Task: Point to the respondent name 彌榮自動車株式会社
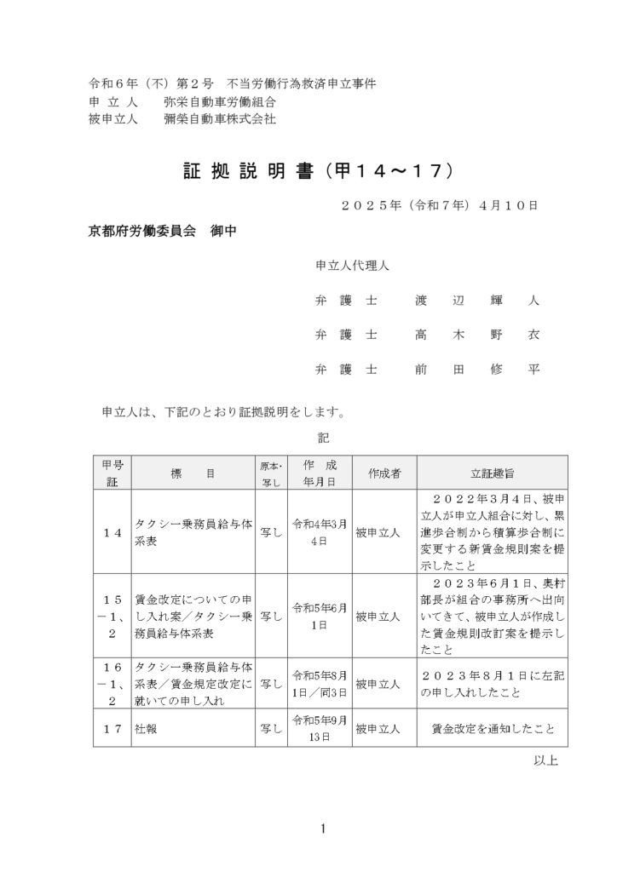219,120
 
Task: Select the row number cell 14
112,531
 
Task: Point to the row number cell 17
112,729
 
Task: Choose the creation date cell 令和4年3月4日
320,531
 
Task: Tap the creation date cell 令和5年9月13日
320,729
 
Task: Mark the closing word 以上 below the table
545,760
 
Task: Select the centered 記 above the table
323,438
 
